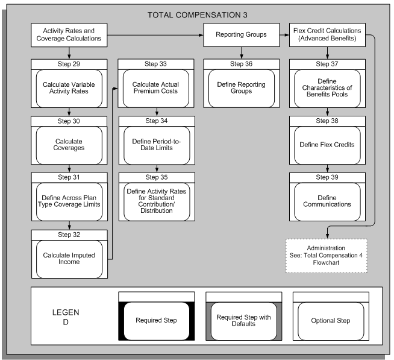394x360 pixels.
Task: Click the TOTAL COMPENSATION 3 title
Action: [x=196, y=14]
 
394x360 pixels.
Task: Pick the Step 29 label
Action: [x=69, y=63]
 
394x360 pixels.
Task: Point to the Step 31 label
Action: [x=69, y=177]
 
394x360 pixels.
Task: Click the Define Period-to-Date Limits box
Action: [x=157, y=145]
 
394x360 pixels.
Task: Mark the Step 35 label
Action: [x=157, y=177]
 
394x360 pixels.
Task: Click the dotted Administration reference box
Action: [x=326, y=255]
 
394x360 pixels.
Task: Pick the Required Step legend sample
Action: [x=157, y=320]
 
